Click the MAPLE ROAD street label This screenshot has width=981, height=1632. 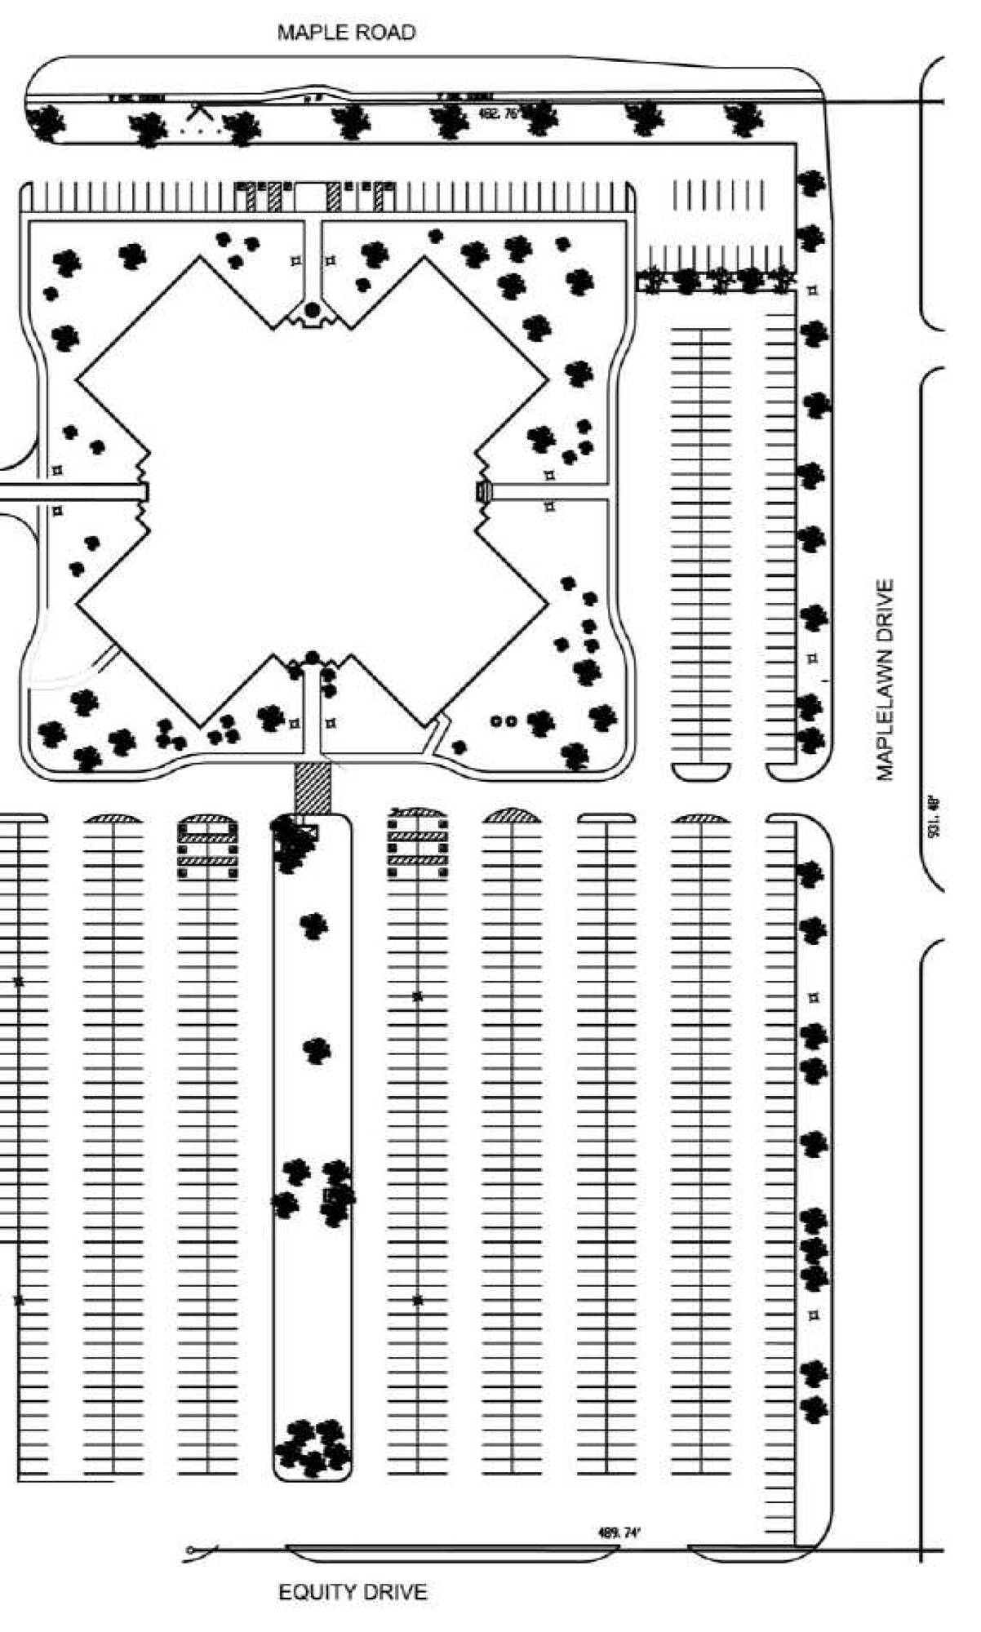pos(346,33)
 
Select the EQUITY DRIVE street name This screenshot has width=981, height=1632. pos(353,1591)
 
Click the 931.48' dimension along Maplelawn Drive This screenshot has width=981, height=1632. pos(935,816)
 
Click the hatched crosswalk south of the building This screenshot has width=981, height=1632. pos(313,787)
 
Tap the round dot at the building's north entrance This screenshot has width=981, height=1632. pos(312,309)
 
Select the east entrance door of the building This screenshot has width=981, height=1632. pos(483,491)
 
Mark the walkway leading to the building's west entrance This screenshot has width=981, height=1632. pos(73,491)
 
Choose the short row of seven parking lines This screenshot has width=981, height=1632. pos(718,194)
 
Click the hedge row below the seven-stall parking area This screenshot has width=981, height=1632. pos(715,280)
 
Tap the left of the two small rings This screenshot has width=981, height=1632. pos(495,721)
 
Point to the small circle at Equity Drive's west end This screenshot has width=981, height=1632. pos(190,1550)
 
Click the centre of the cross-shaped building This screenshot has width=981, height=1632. pos(312,491)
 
